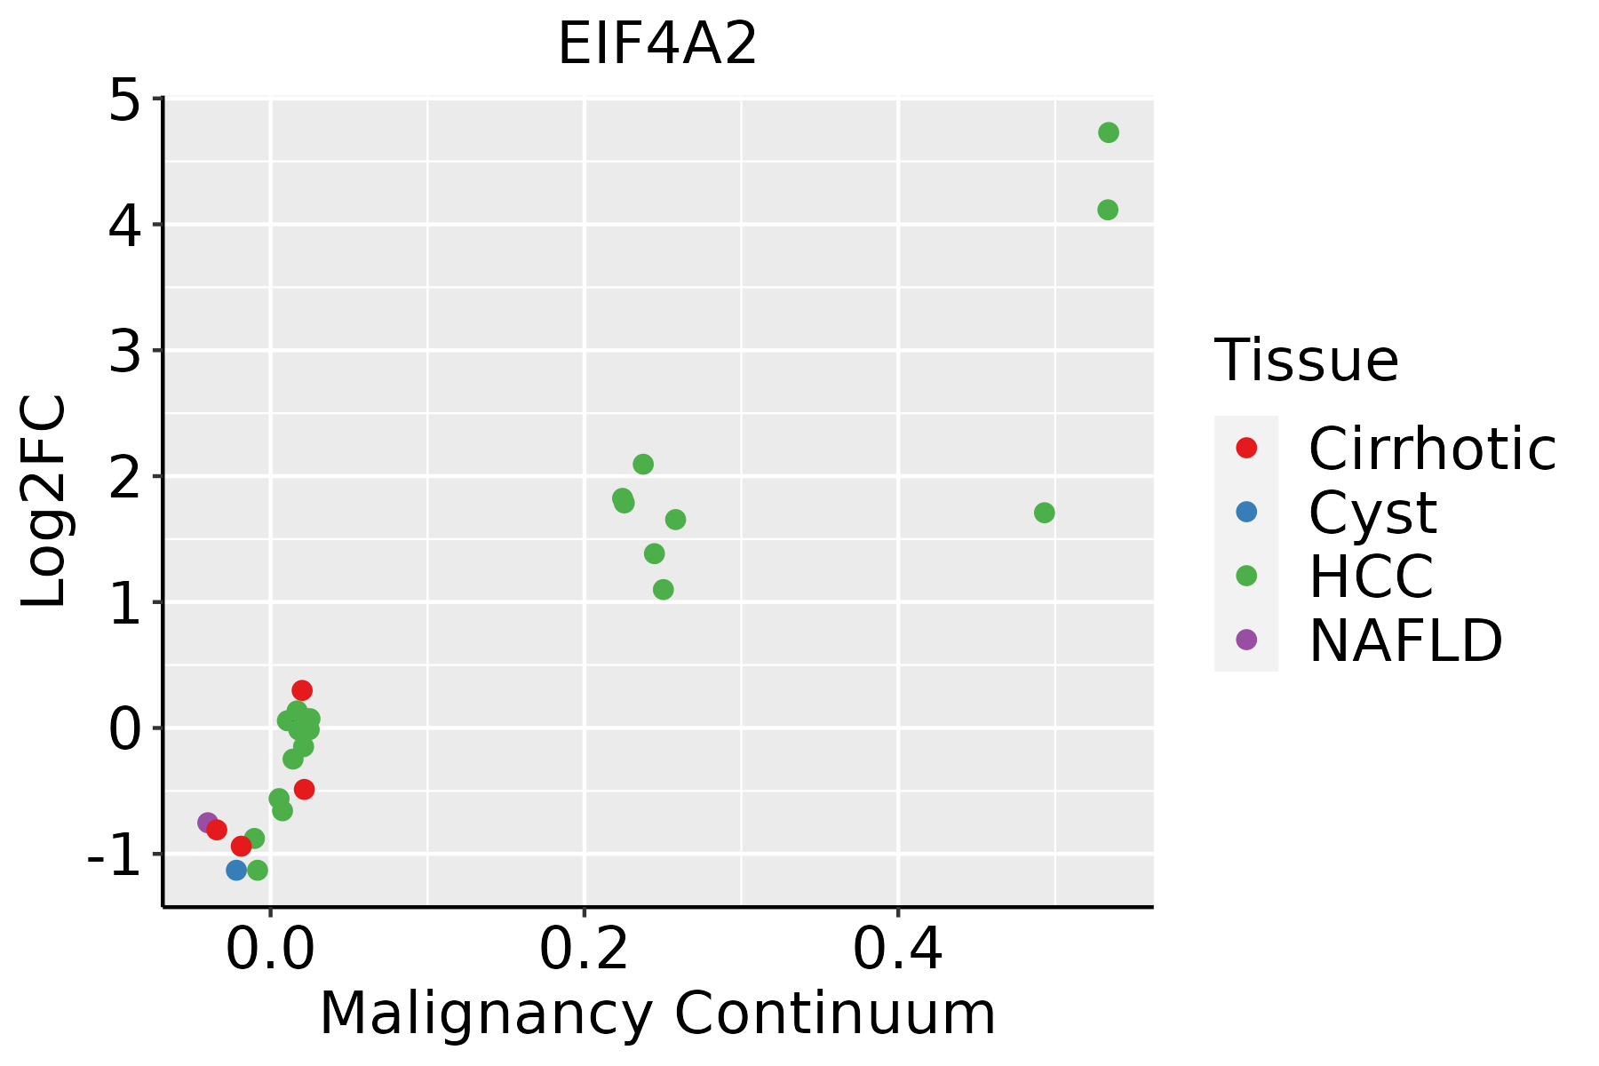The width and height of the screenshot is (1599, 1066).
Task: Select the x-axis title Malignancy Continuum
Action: click(657, 1014)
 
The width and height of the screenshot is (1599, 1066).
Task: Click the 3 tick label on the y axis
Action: click(124, 353)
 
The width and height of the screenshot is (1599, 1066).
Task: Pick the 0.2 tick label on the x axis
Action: click(584, 950)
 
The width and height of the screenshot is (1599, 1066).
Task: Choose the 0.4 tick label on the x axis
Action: click(898, 950)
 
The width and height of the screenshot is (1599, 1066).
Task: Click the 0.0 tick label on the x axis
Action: click(270, 950)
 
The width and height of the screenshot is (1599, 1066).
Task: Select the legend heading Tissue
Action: click(1306, 361)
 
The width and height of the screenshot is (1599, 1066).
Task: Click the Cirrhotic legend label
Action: click(1432, 449)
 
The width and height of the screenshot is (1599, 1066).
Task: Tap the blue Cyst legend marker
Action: click(1246, 512)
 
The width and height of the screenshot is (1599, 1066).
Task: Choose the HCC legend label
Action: click(1371, 577)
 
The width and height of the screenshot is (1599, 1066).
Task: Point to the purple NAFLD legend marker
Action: click(1246, 639)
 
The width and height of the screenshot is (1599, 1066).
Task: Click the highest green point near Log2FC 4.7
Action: click(1108, 132)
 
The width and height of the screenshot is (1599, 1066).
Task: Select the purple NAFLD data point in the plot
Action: click(208, 823)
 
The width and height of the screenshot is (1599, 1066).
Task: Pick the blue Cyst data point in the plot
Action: click(236, 870)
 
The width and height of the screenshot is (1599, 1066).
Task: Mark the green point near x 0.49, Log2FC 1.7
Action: click(1044, 513)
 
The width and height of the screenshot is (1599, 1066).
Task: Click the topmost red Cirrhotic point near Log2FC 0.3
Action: click(302, 690)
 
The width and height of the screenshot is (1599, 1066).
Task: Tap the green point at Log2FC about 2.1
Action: click(643, 464)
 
